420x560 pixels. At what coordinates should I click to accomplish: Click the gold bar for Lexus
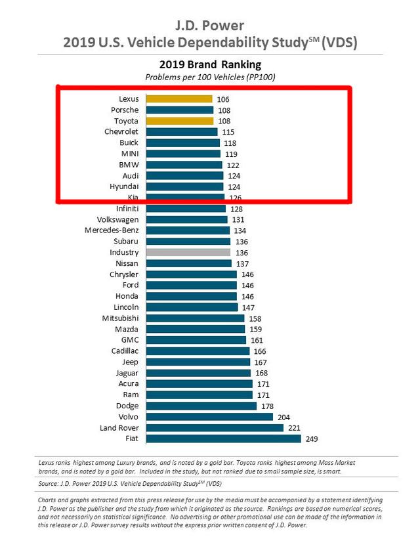click(x=178, y=99)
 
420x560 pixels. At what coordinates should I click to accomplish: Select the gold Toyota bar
click(x=179, y=121)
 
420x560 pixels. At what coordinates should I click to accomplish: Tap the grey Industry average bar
click(x=188, y=252)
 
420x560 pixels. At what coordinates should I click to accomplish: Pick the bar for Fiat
click(x=223, y=439)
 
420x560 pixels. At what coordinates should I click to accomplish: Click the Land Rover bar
click(x=214, y=427)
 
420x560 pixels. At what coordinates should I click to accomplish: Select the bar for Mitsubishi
click(x=195, y=318)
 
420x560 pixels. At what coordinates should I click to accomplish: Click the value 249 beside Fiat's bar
click(x=310, y=439)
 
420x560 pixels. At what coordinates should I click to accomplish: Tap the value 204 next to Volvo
click(x=283, y=416)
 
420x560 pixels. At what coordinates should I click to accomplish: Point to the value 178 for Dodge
click(x=266, y=406)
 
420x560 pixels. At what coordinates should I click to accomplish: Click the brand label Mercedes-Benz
click(x=112, y=230)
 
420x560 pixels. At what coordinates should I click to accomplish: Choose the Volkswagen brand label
click(x=117, y=219)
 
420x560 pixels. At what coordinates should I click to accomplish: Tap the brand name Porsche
click(x=124, y=110)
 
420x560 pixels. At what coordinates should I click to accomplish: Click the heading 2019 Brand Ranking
click(x=210, y=65)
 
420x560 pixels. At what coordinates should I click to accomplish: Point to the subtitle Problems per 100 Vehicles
click(x=210, y=77)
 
